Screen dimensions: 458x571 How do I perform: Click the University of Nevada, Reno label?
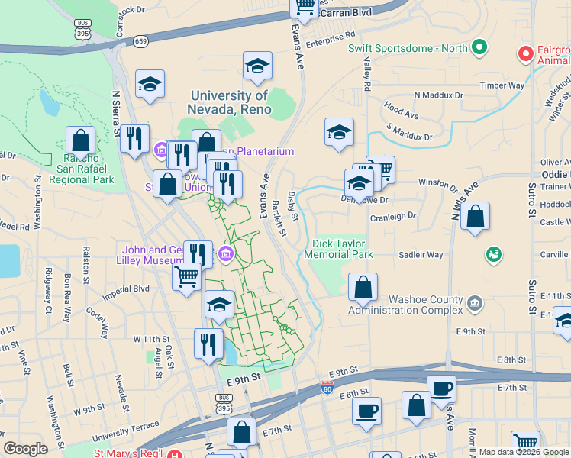[x=229, y=102]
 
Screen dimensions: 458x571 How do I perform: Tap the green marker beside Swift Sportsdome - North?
[x=479, y=48]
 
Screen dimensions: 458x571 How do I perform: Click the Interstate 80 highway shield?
[x=327, y=389]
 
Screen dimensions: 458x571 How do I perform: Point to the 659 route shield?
[x=140, y=40]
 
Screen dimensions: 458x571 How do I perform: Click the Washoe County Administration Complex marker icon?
[x=476, y=303]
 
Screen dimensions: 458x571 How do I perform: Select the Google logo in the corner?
[x=25, y=448]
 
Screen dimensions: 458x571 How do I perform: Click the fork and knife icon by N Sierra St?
[x=134, y=139]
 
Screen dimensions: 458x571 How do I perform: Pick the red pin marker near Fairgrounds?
[x=525, y=54]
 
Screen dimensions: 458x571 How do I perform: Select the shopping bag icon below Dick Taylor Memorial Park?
[x=363, y=288]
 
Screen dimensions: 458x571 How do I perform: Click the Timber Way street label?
[x=502, y=86]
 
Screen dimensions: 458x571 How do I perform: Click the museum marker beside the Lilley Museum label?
[x=226, y=254]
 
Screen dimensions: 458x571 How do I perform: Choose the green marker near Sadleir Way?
[x=493, y=253]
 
